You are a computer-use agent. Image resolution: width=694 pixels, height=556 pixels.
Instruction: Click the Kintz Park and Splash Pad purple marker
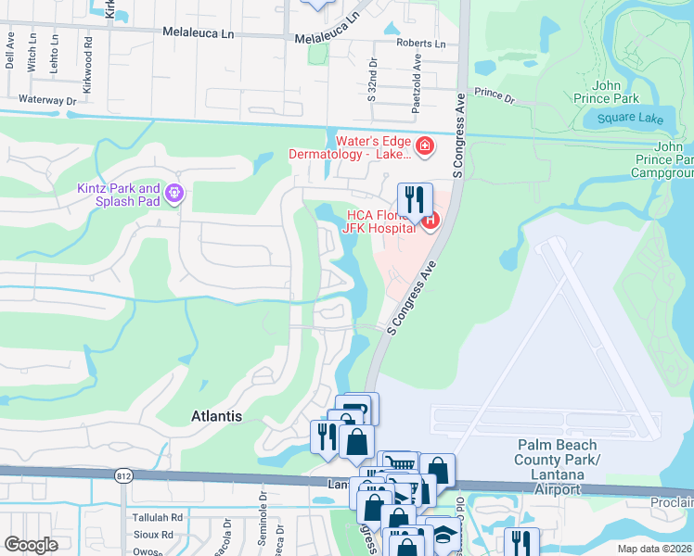tap(173, 194)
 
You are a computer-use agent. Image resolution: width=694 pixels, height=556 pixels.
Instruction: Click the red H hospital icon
tap(430, 220)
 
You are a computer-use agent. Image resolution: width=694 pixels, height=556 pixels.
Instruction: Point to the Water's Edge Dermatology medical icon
tap(424, 145)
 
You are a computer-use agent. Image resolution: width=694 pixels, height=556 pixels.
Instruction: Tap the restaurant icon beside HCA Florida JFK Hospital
tap(415, 197)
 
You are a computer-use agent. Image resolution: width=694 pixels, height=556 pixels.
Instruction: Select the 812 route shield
tap(123, 475)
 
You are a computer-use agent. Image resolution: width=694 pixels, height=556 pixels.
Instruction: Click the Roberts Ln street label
tap(420, 44)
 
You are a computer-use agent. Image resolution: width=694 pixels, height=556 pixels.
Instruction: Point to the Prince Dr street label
tap(494, 94)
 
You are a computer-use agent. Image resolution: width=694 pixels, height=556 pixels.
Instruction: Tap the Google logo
tap(31, 545)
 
